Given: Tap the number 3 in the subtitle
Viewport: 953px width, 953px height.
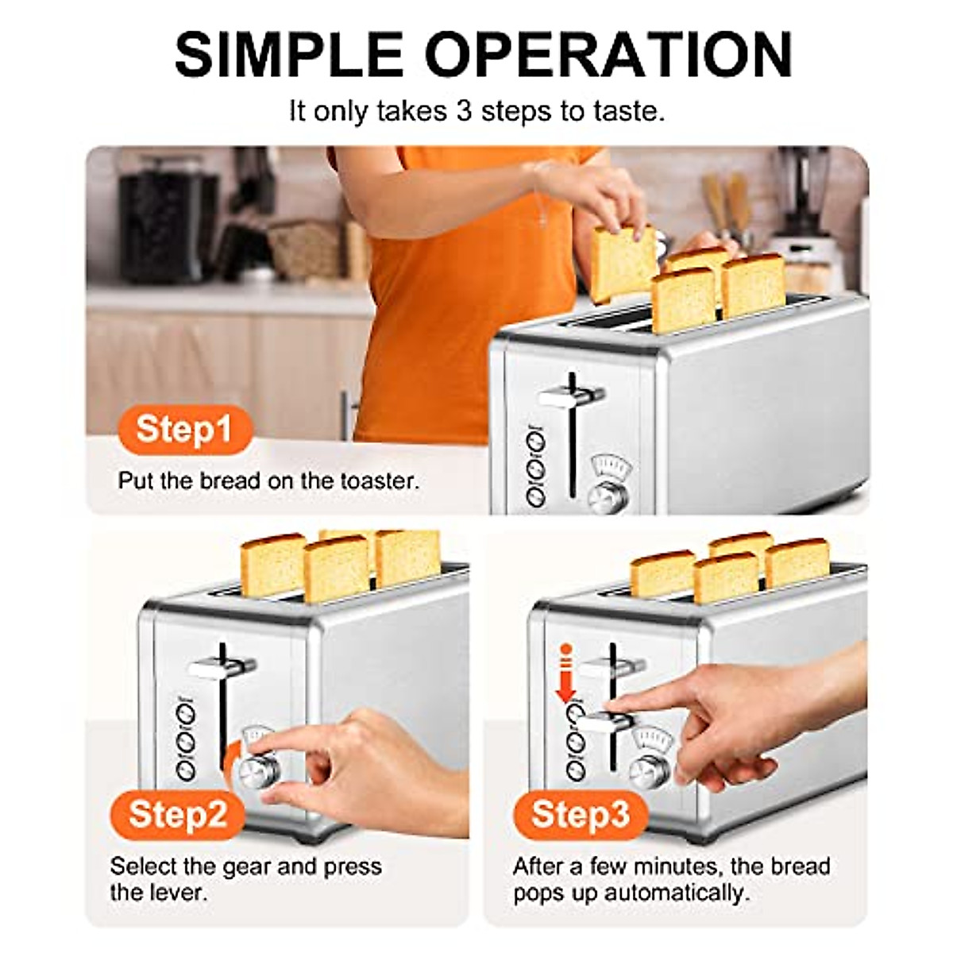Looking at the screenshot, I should (x=464, y=111).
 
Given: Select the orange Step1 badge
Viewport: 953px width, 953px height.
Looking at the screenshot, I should (x=184, y=430).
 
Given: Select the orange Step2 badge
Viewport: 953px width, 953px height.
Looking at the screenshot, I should (x=178, y=814).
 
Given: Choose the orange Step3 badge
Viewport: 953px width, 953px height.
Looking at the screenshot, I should (x=581, y=814).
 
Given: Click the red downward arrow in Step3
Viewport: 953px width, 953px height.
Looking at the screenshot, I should (x=565, y=675).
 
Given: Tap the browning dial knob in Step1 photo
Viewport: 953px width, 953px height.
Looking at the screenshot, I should (x=608, y=495).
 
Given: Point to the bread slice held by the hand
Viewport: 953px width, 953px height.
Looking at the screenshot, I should (x=622, y=262).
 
